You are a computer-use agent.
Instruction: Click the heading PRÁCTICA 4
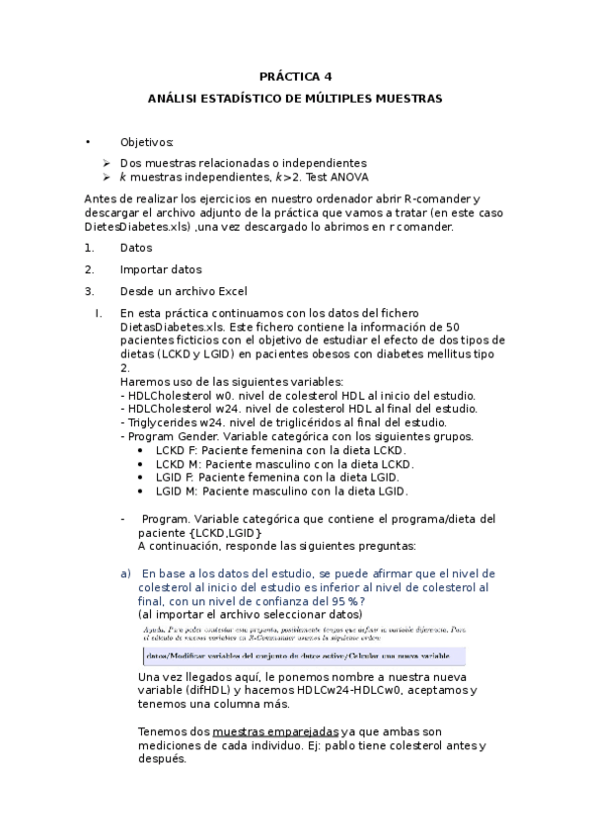pos(295,76)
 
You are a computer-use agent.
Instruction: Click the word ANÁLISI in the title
pos(174,99)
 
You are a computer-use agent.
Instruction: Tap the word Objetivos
pos(146,142)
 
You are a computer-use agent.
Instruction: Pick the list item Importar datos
pos(161,269)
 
